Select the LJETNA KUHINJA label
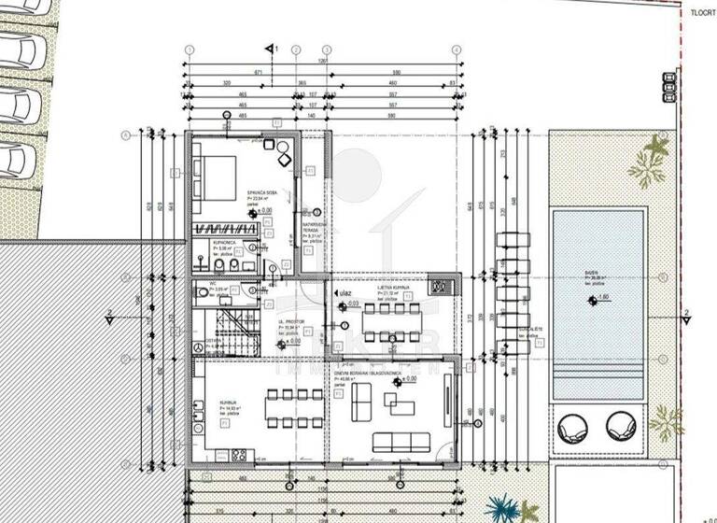[392, 292]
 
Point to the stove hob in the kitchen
[239, 456]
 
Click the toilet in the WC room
[204, 292]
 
